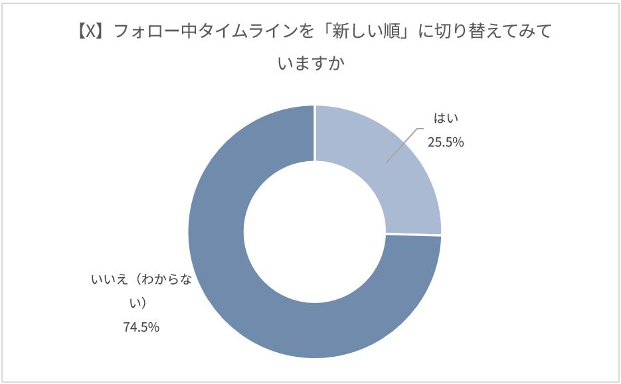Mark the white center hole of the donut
(x=314, y=231)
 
